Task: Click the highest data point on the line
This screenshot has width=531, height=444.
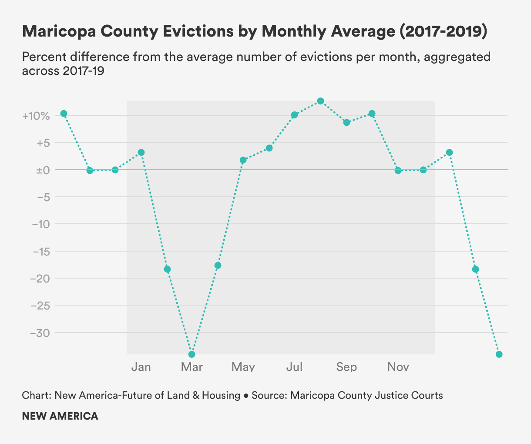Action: click(x=321, y=101)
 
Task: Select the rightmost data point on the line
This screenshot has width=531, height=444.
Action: click(x=499, y=354)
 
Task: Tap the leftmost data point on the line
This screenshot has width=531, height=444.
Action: click(x=64, y=114)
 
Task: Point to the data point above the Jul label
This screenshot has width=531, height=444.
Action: click(x=295, y=115)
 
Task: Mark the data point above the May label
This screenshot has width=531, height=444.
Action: click(x=243, y=160)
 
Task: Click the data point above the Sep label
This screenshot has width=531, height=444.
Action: click(x=347, y=122)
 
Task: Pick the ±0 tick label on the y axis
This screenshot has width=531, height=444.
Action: click(x=43, y=170)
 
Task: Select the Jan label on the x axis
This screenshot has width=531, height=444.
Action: click(x=141, y=367)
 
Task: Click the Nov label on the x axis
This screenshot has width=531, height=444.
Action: click(x=398, y=367)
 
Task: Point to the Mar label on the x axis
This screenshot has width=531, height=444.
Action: click(x=192, y=367)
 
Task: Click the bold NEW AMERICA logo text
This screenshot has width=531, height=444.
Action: click(x=60, y=416)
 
